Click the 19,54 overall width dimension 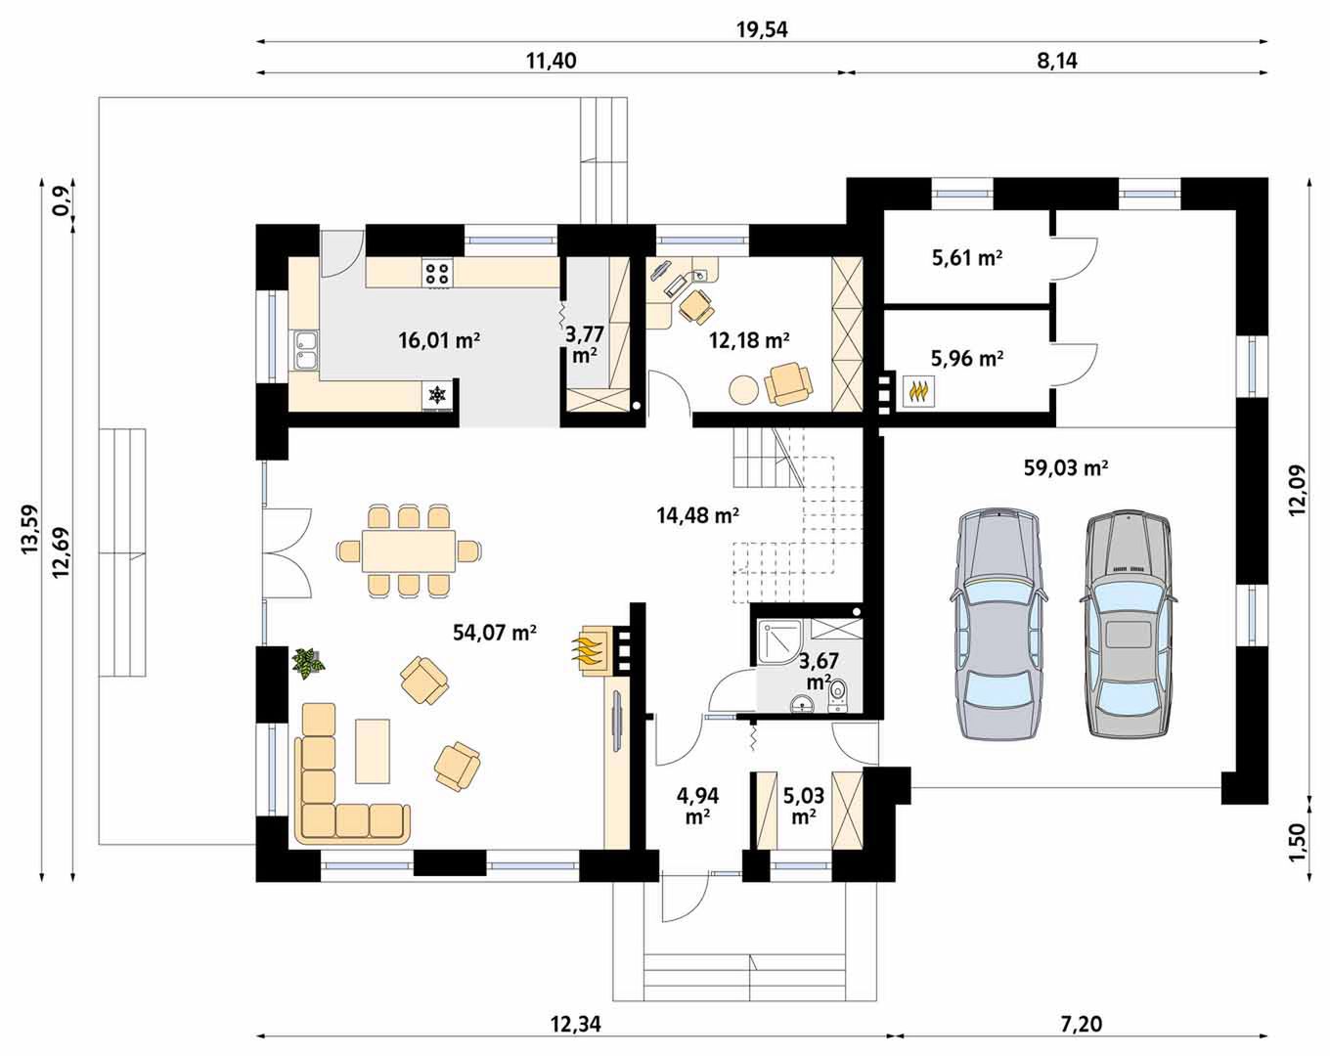tap(762, 29)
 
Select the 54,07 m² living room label tap(495, 632)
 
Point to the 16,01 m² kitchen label tap(439, 340)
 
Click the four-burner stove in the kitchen tap(437, 273)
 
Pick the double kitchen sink tap(305, 350)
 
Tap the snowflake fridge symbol tap(437, 394)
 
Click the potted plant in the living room tap(307, 663)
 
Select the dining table tap(409, 550)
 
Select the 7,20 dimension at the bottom tap(1081, 1024)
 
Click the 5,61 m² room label tap(967, 258)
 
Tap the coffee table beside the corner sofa tap(373, 751)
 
